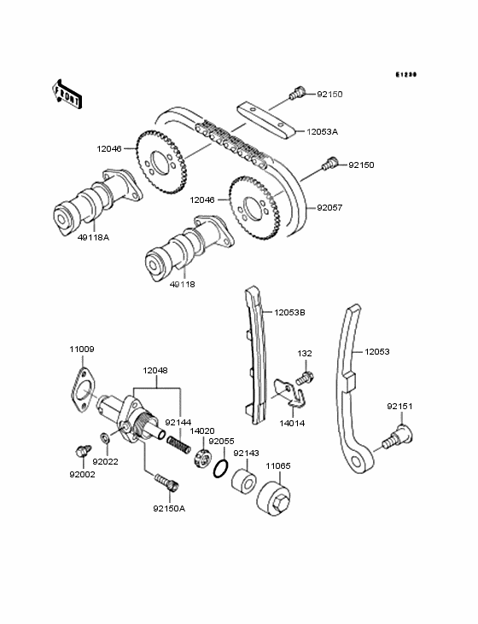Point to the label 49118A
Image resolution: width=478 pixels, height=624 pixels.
pos(96,238)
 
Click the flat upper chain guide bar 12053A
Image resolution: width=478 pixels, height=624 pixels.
pos(265,117)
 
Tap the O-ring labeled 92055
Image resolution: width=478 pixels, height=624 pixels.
pos(219,467)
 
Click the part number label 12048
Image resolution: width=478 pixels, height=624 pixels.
pos(156,371)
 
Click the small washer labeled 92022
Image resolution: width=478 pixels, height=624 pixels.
pos(105,438)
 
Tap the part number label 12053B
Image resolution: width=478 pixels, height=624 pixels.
pos(289,313)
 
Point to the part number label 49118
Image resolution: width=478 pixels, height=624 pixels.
pos(182,284)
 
